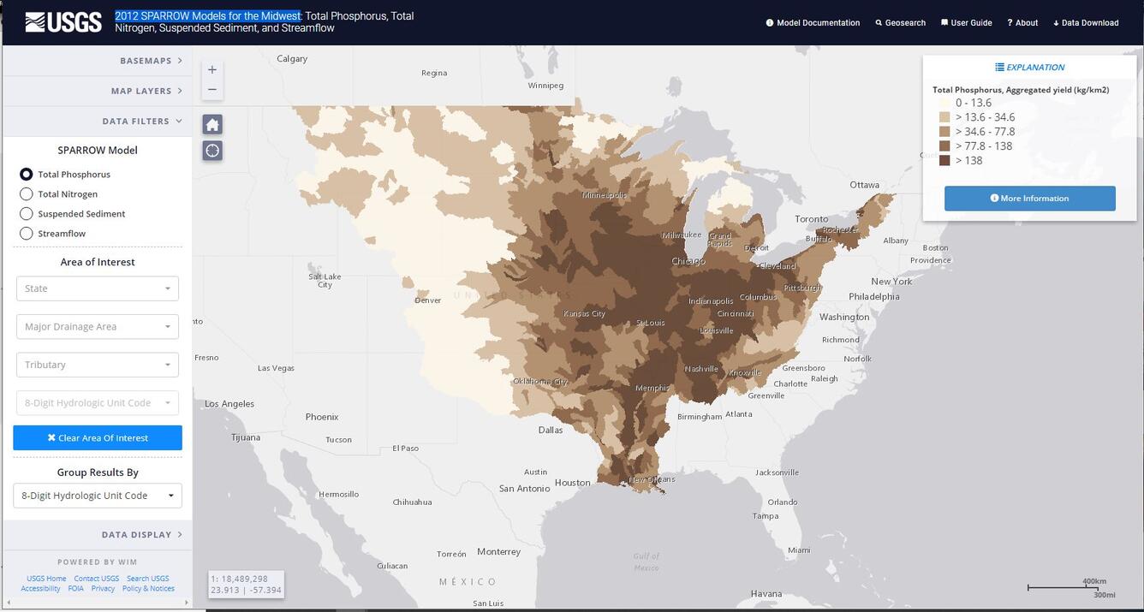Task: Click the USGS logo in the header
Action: tap(63, 22)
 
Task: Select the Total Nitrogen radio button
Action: tap(27, 194)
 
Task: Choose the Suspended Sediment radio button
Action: tap(27, 214)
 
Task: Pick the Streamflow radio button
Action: tap(27, 234)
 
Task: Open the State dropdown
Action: tap(98, 288)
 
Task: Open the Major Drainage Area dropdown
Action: tap(98, 327)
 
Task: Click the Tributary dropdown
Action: tap(98, 365)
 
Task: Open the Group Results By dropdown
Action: tap(98, 496)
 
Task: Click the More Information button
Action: tap(1029, 199)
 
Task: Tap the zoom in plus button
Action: tap(212, 69)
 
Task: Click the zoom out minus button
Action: tap(212, 89)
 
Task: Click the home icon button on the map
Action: tap(212, 125)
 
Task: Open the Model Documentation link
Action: tap(813, 23)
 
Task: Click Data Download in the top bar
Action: tap(1086, 23)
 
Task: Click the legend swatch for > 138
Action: tap(944, 161)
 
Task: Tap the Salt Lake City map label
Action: tap(325, 280)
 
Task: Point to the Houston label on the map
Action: tap(572, 483)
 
